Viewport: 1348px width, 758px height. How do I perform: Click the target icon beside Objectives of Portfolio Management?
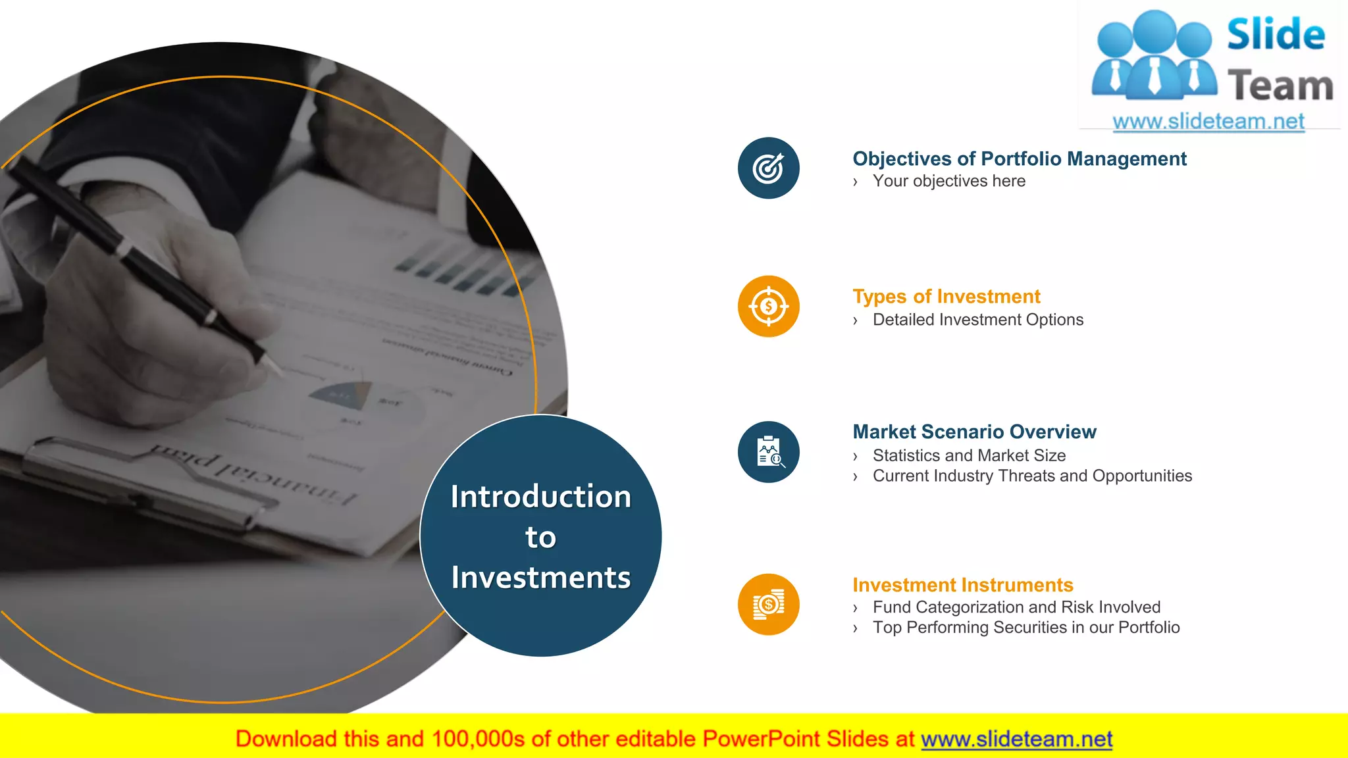768,168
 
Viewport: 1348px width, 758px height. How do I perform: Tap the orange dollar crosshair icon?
768,306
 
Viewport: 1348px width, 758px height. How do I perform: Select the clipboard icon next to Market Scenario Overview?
768,452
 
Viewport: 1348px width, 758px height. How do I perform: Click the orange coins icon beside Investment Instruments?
768,604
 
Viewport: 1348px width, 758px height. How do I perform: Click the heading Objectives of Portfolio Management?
1019,159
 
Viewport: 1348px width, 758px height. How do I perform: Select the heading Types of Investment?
946,297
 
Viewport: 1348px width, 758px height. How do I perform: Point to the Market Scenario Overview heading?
974,432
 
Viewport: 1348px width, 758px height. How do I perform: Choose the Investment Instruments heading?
962,585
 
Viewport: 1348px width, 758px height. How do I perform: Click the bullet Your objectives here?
948,181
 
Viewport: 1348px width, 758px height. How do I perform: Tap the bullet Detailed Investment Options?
977,320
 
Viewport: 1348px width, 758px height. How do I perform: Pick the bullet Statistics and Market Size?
969,455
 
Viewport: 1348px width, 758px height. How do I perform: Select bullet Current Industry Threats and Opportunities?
1032,476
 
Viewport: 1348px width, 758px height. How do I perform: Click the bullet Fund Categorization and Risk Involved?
1016,607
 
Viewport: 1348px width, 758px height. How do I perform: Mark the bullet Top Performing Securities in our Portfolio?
1026,627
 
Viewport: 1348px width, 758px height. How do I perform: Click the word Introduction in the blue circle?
540,496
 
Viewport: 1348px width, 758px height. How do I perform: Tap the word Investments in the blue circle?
540,577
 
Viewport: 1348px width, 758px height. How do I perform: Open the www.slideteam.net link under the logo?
1208,121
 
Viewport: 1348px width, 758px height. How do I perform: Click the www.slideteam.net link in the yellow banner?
1016,739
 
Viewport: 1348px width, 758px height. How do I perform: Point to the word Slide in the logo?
1276,34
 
